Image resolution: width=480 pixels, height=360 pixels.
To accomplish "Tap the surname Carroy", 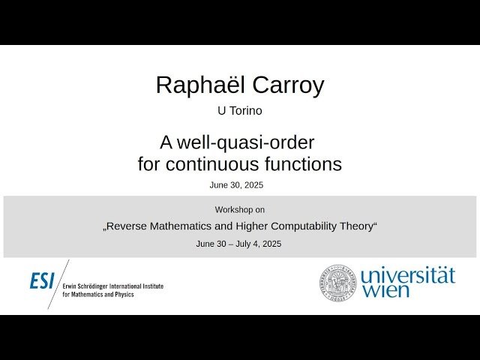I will [x=288, y=85].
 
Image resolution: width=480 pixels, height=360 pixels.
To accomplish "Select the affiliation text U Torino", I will [x=239, y=111].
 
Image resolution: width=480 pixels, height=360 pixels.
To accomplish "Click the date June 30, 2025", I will [x=236, y=184].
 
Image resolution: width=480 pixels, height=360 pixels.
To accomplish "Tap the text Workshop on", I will [x=239, y=209].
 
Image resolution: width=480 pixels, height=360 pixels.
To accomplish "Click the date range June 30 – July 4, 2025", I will [x=238, y=244].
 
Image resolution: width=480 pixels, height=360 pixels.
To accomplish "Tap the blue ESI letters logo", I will [x=43, y=281].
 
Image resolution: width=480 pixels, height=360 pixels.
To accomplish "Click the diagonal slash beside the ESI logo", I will [x=58, y=283].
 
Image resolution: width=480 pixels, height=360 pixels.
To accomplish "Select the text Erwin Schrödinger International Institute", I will [x=112, y=286].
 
